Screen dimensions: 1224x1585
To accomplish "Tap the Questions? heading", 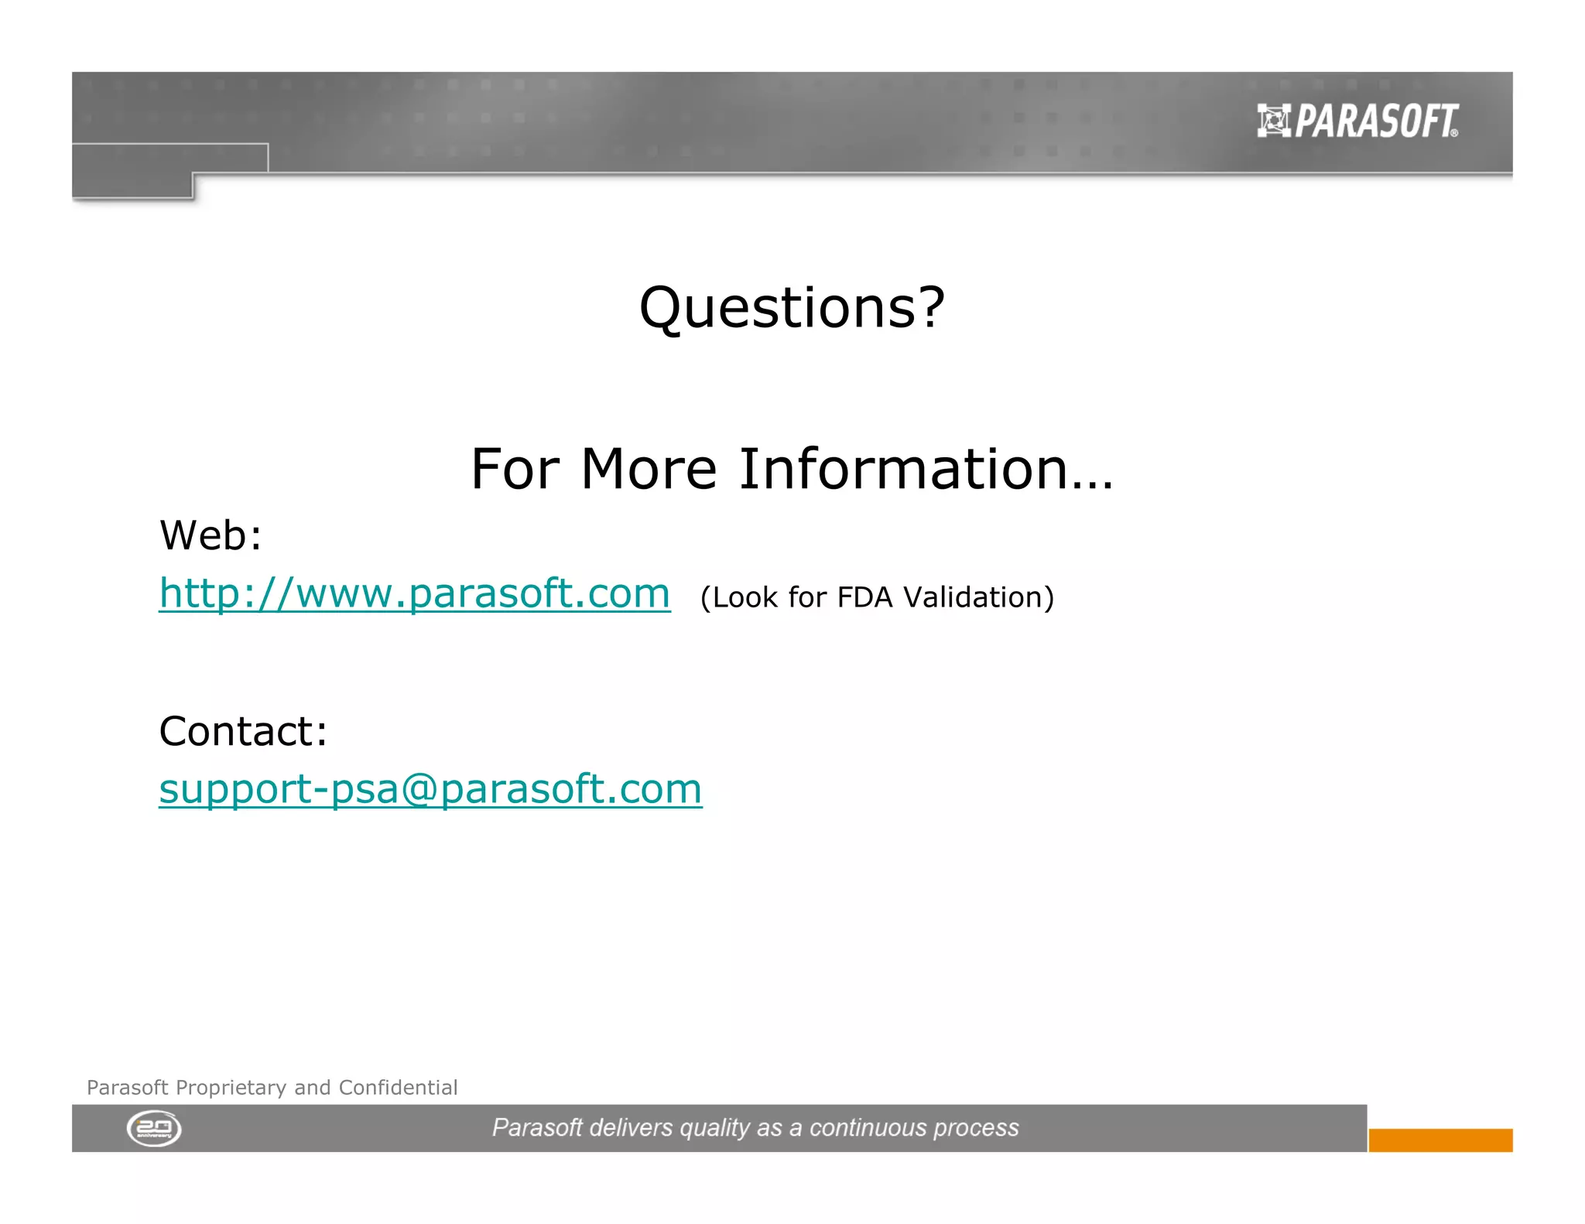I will click(x=792, y=307).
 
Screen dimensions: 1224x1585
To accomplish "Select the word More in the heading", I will click(x=649, y=469).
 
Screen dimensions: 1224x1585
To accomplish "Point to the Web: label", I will click(x=211, y=535).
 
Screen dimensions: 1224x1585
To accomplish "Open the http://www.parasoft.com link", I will click(x=414, y=593).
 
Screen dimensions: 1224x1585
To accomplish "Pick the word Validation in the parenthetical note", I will click(x=977, y=597).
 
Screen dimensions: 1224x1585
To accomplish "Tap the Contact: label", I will click(x=243, y=731).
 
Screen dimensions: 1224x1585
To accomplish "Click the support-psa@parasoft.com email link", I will click(x=430, y=789).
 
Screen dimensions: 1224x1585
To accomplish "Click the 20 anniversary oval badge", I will click(x=154, y=1128).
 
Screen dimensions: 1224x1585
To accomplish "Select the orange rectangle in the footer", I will click(x=1440, y=1140).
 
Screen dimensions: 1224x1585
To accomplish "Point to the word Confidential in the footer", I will click(x=398, y=1088).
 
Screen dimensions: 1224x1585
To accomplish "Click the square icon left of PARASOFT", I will click(x=1273, y=121).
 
